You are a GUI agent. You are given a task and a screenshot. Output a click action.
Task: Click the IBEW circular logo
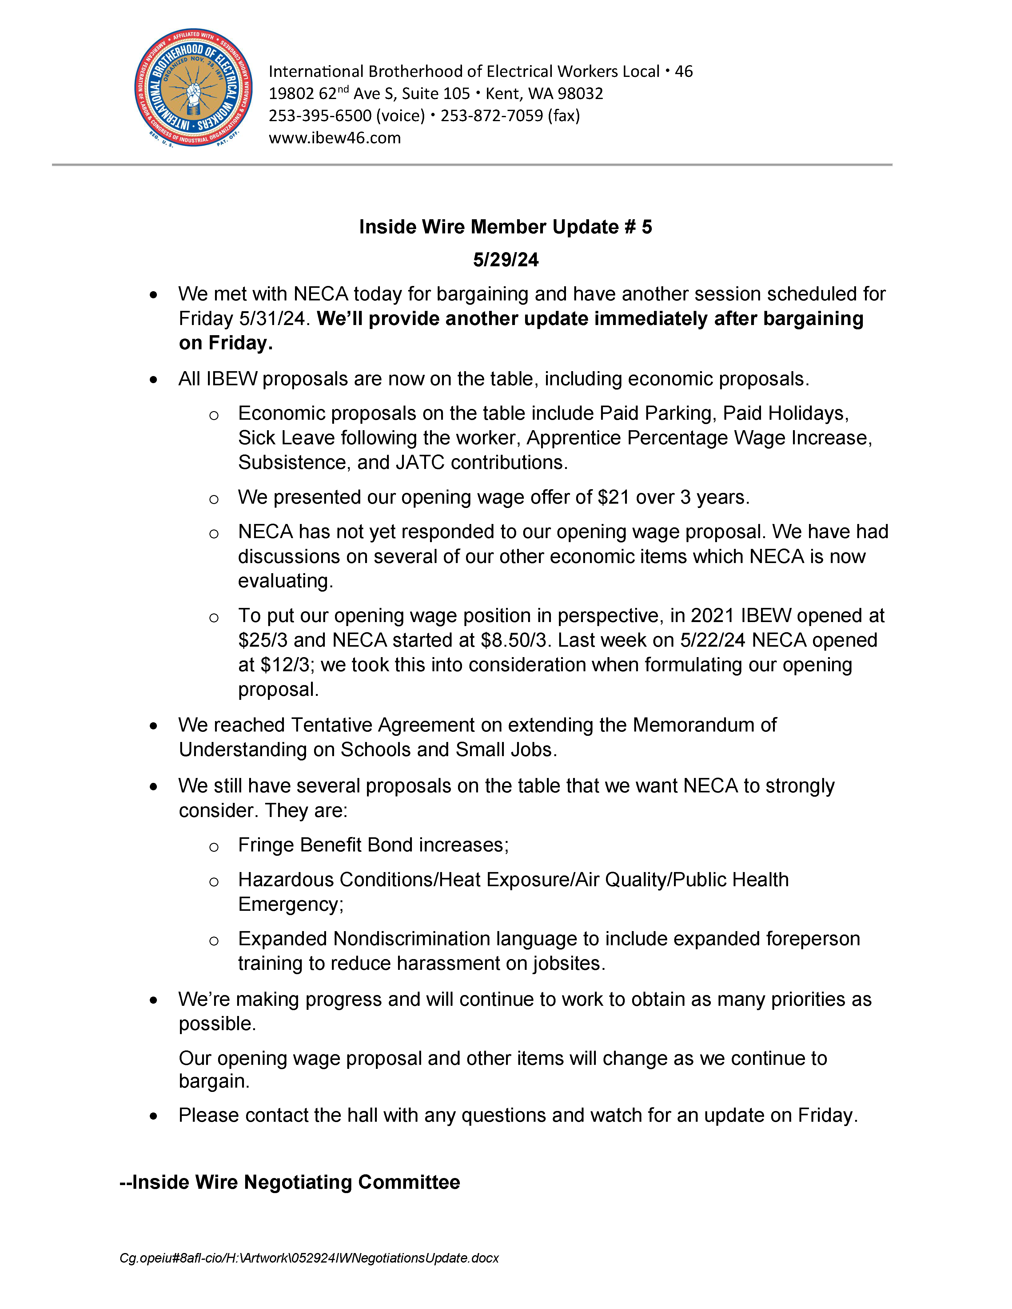(193, 88)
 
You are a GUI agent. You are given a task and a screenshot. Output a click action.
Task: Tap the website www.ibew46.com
(335, 138)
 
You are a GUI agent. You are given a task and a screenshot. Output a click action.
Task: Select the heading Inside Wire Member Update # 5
(505, 227)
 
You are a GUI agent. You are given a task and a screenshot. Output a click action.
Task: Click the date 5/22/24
(712, 640)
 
